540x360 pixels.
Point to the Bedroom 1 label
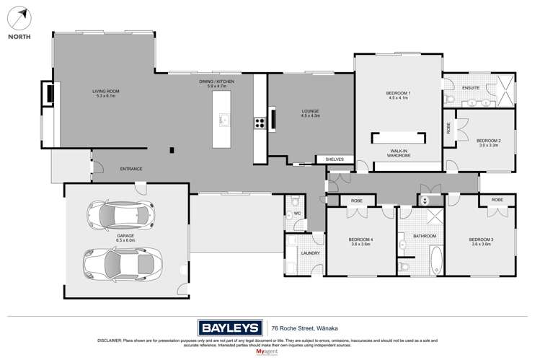(x=398, y=95)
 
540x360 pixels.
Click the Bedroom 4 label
(x=360, y=242)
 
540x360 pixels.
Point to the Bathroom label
(x=425, y=236)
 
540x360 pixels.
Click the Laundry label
(x=310, y=253)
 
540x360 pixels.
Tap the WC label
(x=296, y=214)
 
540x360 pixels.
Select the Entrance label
(x=130, y=169)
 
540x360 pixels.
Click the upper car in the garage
(x=120, y=214)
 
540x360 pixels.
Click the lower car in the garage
(x=120, y=264)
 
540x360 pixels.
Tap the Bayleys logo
(x=229, y=326)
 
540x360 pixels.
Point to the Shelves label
(x=335, y=159)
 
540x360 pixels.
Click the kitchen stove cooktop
(x=257, y=123)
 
